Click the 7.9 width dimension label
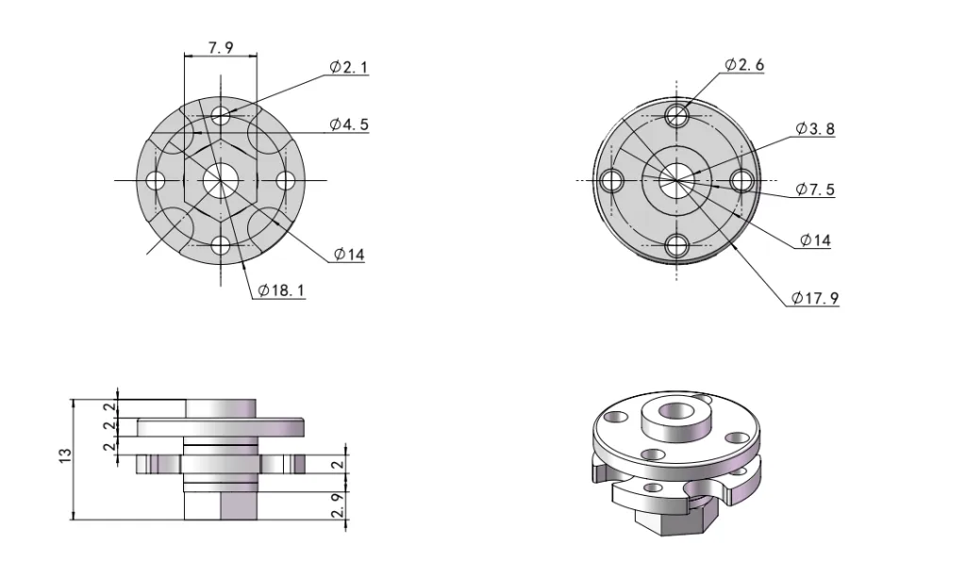[220, 46]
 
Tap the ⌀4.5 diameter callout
[349, 124]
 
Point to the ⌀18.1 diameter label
[279, 290]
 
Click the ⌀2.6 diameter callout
[744, 64]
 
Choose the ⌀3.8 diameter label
[815, 128]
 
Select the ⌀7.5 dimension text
[815, 190]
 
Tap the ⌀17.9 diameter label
[816, 298]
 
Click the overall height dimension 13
[62, 458]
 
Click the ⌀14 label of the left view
[348, 255]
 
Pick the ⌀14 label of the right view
[815, 240]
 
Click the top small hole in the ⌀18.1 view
[221, 115]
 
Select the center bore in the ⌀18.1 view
[221, 179]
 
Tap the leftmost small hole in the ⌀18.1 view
[156, 179]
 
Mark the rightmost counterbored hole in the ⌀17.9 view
[741, 180]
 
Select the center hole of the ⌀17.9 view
[676, 180]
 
